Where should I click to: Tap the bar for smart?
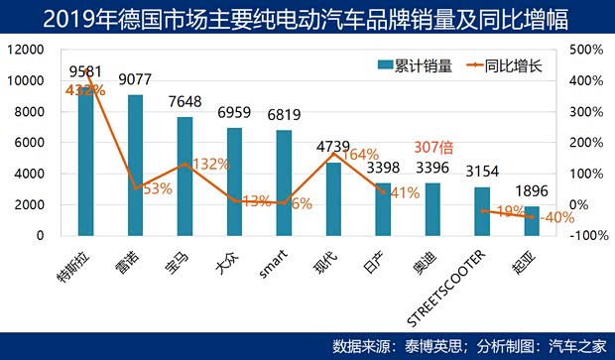284,182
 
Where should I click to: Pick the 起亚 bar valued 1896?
532,221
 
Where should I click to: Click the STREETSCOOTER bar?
482,211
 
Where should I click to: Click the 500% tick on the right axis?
589,50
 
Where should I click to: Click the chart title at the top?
307,18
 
